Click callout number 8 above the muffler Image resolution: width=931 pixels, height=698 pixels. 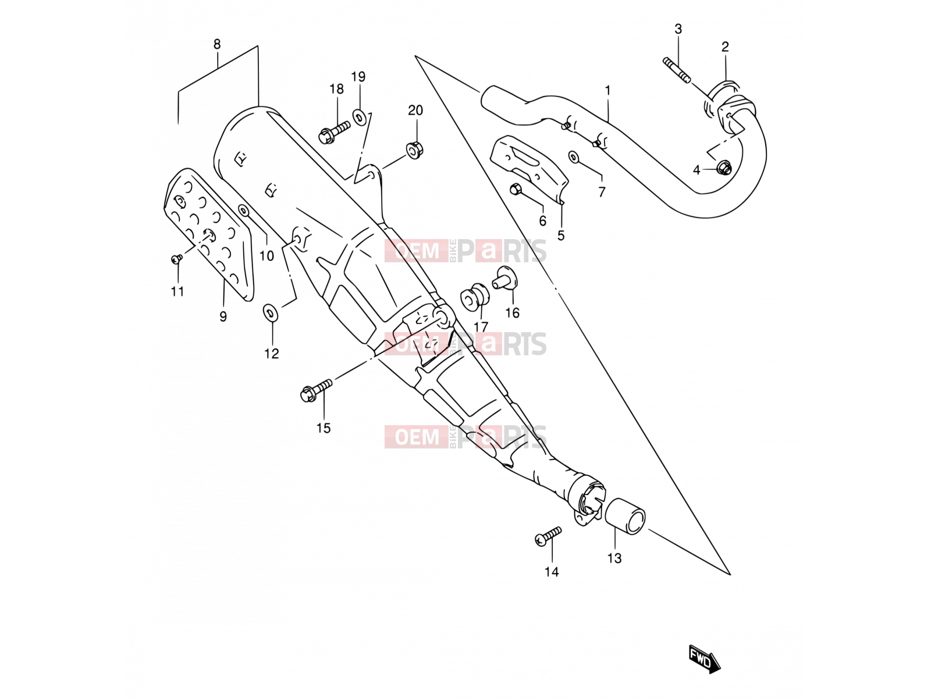click(x=216, y=44)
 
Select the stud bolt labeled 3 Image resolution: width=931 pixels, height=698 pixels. click(x=677, y=70)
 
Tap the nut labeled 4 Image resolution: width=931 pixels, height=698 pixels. click(x=723, y=168)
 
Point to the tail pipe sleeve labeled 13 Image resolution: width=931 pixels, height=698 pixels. click(x=624, y=516)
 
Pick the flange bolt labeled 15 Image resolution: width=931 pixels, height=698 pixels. click(x=316, y=390)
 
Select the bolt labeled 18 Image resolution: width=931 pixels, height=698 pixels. click(x=334, y=131)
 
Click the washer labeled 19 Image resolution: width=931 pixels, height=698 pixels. click(x=360, y=117)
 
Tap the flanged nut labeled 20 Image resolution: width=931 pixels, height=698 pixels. click(x=414, y=150)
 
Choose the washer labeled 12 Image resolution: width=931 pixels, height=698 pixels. click(x=270, y=312)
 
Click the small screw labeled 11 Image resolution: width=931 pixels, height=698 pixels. click(x=177, y=258)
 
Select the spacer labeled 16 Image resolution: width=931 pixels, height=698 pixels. click(x=504, y=278)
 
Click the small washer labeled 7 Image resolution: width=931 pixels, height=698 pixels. click(x=574, y=157)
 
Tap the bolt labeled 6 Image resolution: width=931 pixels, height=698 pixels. click(x=516, y=189)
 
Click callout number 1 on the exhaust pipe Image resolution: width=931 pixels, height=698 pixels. click(x=607, y=91)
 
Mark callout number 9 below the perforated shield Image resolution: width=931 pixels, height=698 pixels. click(x=223, y=316)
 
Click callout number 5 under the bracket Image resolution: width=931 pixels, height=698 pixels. click(x=561, y=236)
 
